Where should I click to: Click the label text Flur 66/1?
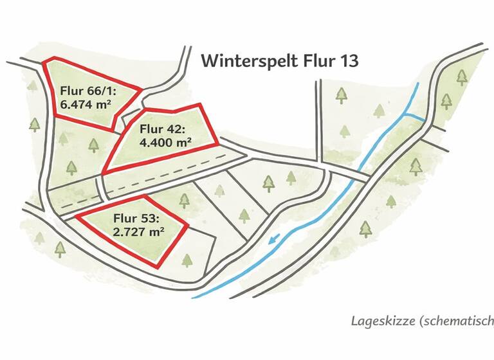click(x=87, y=89)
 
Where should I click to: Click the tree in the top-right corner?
click(x=461, y=78)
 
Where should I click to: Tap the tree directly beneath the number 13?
click(x=341, y=96)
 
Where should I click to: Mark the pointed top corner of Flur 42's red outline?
click(x=199, y=105)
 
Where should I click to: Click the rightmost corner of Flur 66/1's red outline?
click(x=141, y=90)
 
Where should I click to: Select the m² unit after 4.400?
click(x=183, y=142)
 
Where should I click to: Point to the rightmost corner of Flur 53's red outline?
click(x=187, y=226)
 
